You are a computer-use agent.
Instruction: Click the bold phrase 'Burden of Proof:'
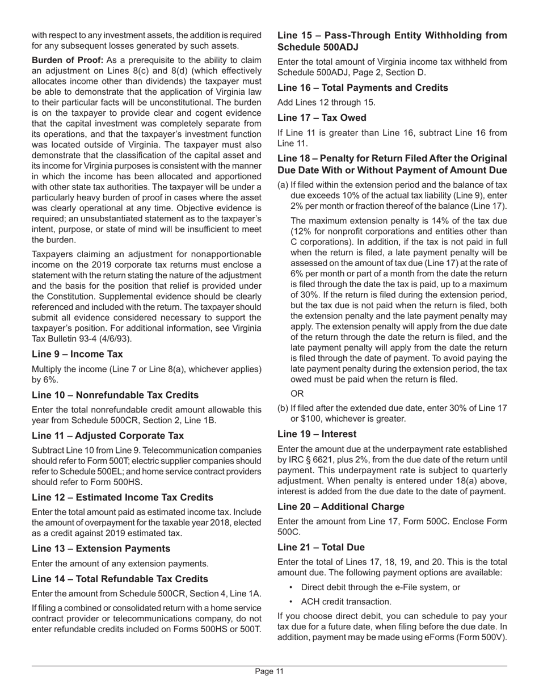67,60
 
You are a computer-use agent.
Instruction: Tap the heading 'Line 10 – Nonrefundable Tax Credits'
115,395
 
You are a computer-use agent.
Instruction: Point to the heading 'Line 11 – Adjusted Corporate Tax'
108,436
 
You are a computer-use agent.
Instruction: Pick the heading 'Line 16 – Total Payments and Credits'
363,88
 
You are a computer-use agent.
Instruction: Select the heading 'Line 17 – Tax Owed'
322,118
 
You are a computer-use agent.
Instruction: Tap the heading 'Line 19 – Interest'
317,434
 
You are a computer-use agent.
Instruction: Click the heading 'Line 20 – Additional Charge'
341,507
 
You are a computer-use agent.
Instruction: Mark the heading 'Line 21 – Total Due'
321,548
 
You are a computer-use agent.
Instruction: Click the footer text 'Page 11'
269,672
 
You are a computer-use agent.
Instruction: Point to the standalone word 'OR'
297,394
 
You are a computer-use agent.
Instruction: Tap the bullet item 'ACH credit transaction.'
346,602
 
